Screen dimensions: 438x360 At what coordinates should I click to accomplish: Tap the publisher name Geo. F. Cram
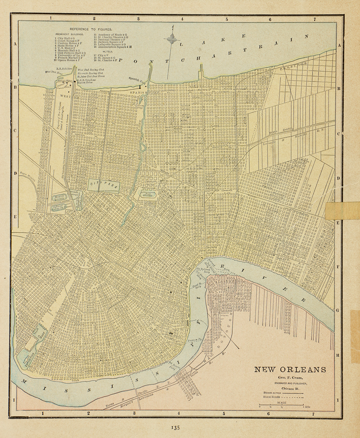290,378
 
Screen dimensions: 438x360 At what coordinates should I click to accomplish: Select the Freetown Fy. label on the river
195,340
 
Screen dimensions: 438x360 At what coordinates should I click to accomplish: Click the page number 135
175,428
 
